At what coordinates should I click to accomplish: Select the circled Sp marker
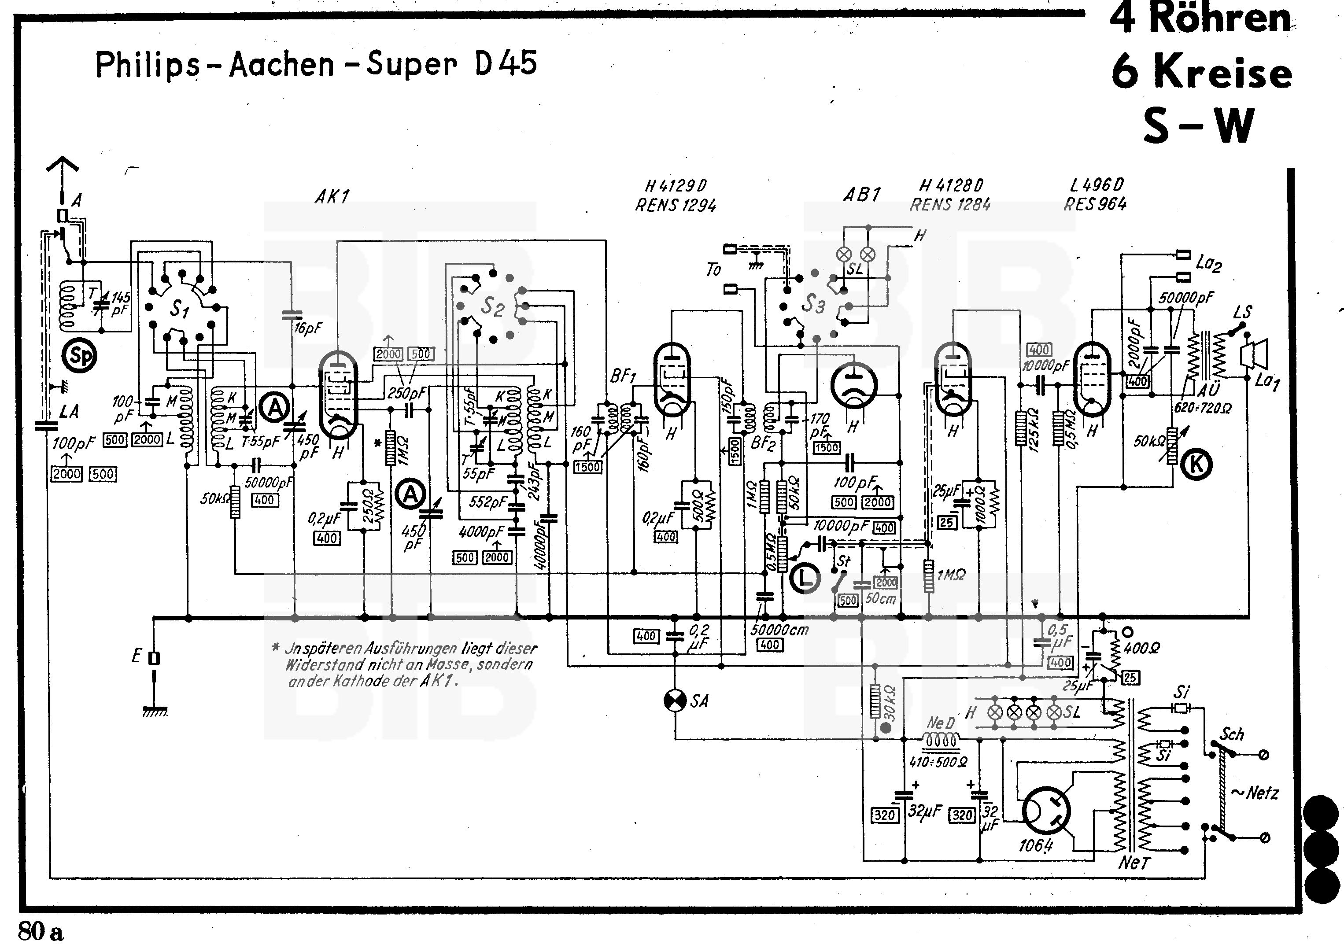tap(80, 355)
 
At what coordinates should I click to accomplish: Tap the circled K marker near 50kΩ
tap(1196, 464)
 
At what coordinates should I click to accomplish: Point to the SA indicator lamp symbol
tap(675, 701)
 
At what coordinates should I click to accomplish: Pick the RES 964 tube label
tap(1095, 204)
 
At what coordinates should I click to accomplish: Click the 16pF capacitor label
tap(308, 328)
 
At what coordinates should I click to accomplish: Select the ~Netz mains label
tap(1255, 793)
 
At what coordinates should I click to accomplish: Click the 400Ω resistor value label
tap(1142, 648)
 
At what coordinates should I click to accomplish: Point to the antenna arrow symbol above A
tap(62, 170)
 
